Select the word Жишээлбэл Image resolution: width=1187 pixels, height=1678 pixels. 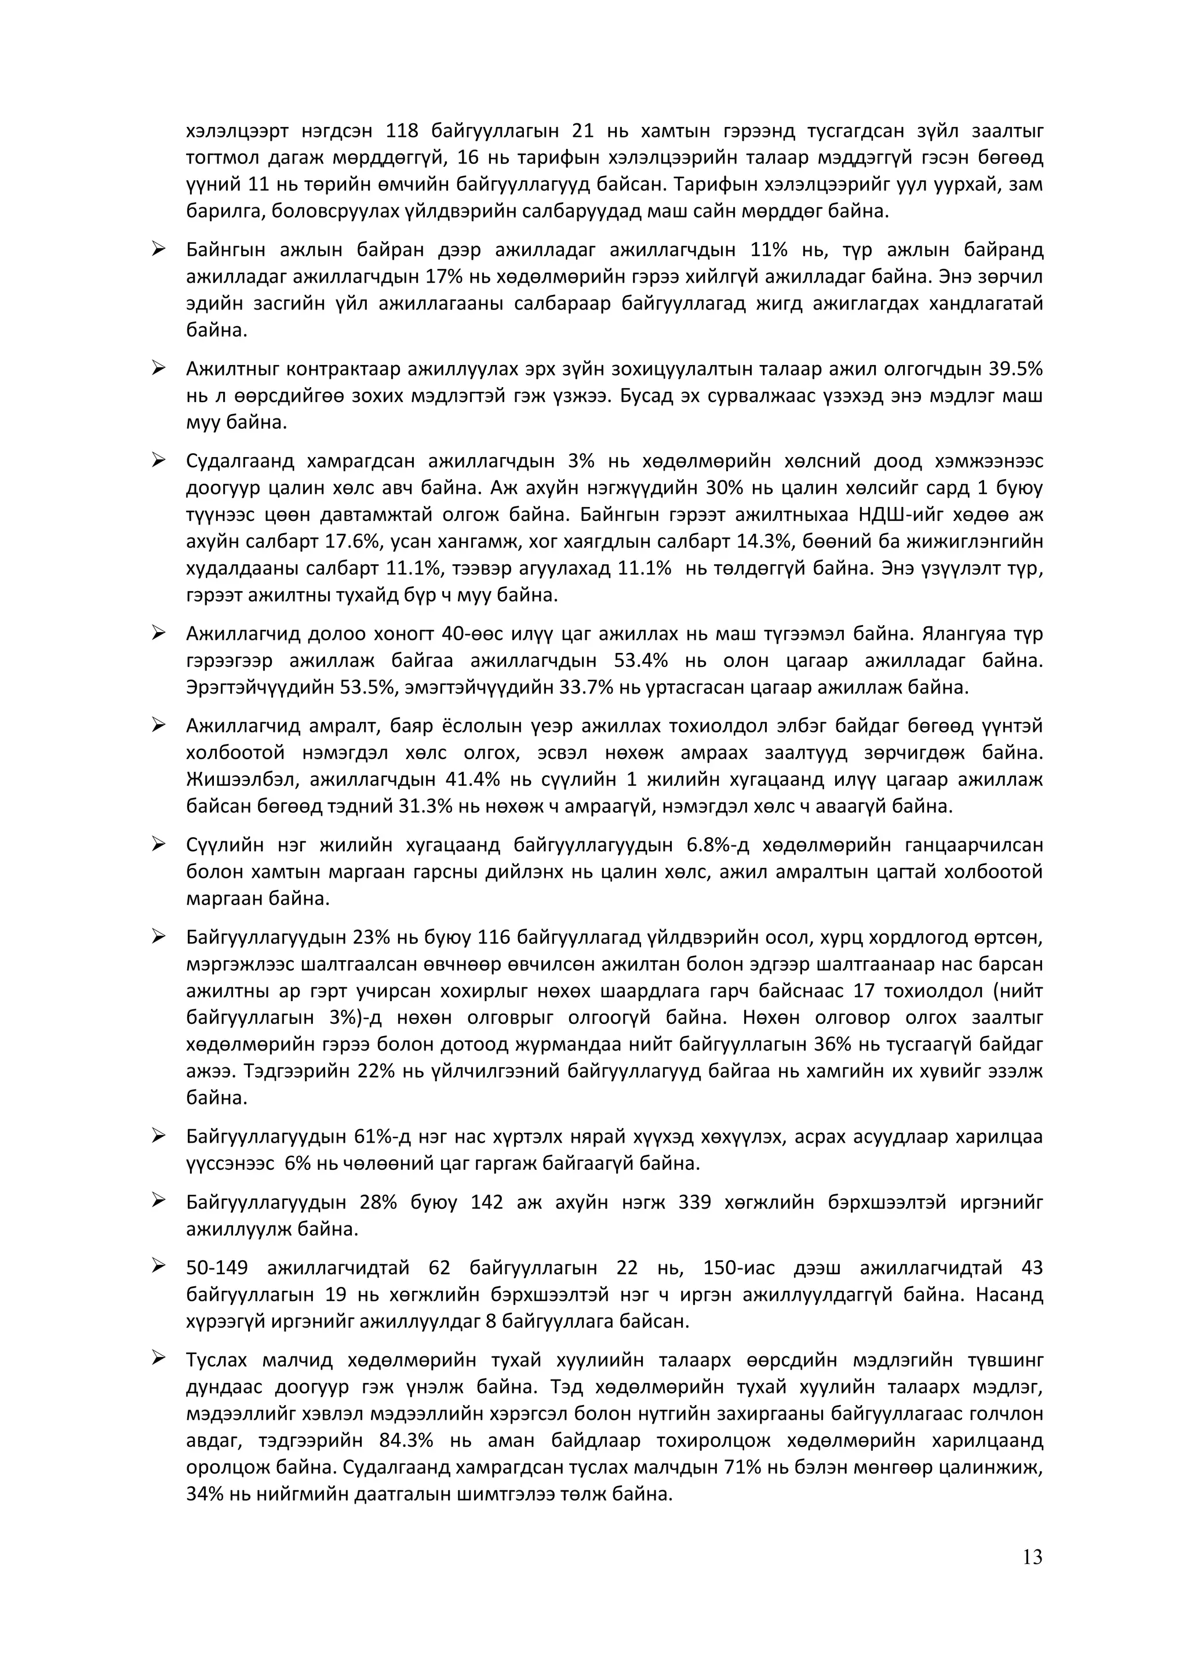point(241,780)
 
